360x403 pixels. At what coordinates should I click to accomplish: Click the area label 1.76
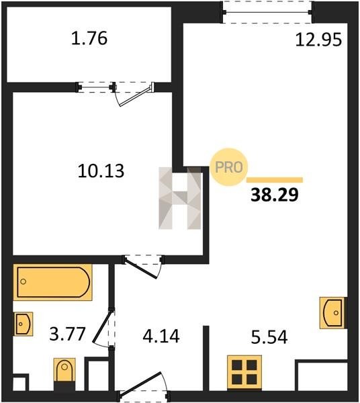(x=89, y=38)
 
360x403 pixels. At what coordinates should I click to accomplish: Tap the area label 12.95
(x=318, y=40)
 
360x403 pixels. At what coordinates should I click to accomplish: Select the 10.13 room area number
(x=101, y=171)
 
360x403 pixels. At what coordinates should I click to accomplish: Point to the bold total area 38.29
(x=275, y=195)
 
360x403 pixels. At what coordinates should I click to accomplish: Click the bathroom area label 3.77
(x=67, y=334)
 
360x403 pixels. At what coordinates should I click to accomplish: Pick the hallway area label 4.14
(x=161, y=337)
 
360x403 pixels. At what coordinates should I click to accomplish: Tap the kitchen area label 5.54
(x=269, y=337)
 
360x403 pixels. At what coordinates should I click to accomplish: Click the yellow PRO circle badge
(x=229, y=167)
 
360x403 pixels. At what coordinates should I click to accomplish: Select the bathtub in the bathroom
(x=52, y=282)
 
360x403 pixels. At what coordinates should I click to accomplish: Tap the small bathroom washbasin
(x=23, y=324)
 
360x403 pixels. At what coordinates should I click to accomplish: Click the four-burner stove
(x=244, y=373)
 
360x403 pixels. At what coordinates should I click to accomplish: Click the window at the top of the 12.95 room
(x=267, y=12)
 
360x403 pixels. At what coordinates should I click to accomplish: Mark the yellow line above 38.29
(x=275, y=180)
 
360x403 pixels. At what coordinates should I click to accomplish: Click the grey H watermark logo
(x=180, y=198)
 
